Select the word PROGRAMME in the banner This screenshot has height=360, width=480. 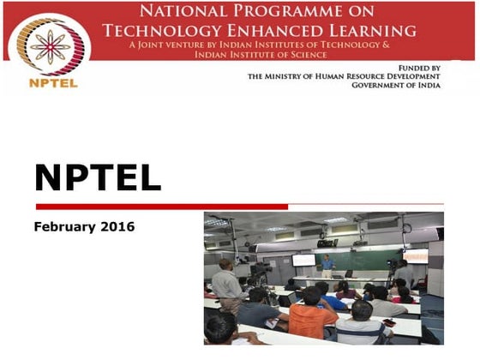coord(297,12)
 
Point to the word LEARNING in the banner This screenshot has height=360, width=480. coord(378,30)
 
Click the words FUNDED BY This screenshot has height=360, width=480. coord(419,67)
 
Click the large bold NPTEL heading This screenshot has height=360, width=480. coord(97,177)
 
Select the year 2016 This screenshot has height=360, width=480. coord(117,227)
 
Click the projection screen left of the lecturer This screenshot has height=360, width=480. coord(303,260)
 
